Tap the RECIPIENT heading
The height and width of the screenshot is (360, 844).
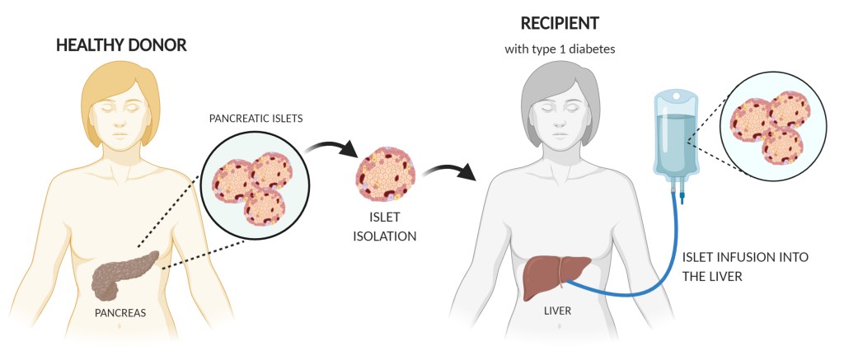click(x=560, y=22)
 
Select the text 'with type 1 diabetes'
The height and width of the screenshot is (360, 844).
click(x=560, y=50)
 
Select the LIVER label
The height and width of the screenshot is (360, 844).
click(x=557, y=311)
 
